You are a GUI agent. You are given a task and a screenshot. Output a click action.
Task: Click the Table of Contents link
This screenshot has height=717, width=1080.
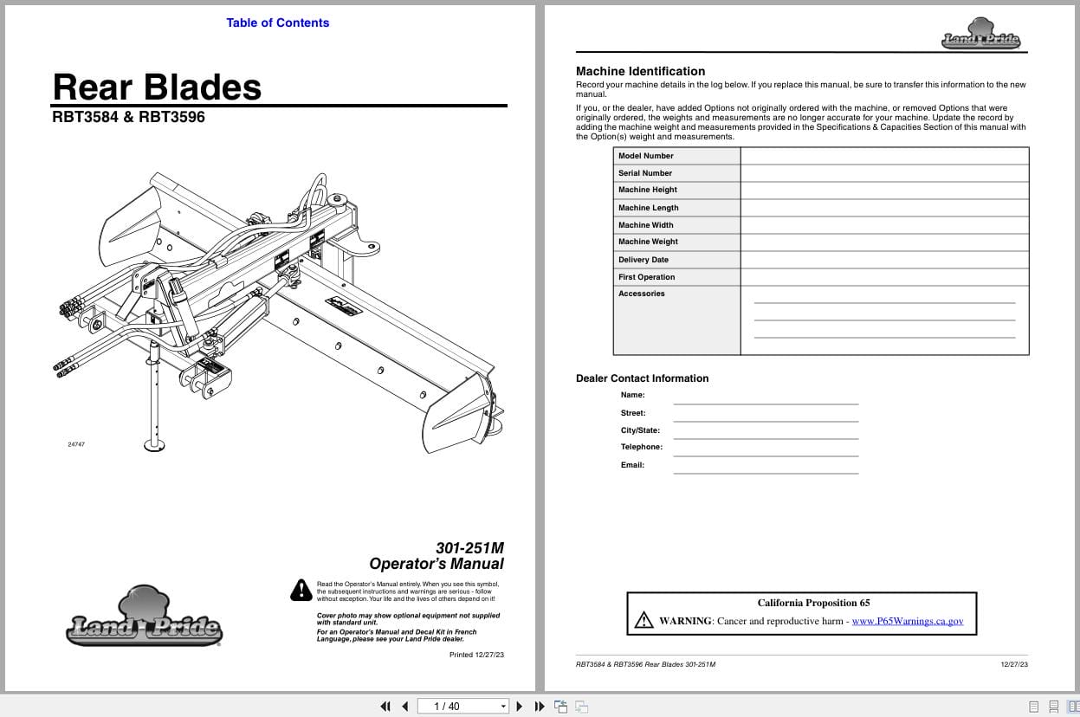[277, 23]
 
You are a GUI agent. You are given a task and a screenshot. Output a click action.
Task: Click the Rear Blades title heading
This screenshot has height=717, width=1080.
[157, 87]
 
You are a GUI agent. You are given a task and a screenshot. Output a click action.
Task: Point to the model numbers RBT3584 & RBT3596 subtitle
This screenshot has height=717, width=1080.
[129, 117]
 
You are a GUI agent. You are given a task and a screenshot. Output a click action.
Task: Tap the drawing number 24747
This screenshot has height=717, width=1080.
[76, 444]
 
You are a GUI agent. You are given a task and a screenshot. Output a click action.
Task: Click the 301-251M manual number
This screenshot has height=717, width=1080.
[469, 547]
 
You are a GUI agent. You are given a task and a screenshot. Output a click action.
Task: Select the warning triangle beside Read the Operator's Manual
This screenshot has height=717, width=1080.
[301, 590]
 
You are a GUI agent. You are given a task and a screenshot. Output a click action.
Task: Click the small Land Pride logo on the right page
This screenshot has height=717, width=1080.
[980, 35]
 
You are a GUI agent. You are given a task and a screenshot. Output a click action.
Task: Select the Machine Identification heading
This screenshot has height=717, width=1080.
[640, 71]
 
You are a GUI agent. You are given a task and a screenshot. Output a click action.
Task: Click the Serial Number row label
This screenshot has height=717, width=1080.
[645, 173]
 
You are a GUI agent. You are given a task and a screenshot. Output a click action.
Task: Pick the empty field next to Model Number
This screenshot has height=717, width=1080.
[884, 156]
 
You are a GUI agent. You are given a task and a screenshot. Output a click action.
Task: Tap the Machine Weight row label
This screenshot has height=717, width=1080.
[648, 242]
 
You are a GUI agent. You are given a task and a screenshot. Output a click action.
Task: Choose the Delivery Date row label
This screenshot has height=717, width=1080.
[643, 260]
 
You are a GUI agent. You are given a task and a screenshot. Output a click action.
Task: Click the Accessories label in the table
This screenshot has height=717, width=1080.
[642, 294]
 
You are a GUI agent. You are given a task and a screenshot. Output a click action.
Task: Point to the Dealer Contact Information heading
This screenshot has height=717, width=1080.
[642, 378]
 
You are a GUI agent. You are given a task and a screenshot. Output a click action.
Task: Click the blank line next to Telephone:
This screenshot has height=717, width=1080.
[766, 449]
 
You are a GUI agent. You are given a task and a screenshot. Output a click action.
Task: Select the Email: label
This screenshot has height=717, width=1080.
[632, 465]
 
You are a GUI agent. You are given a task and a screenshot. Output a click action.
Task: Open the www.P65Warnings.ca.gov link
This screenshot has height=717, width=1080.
[907, 621]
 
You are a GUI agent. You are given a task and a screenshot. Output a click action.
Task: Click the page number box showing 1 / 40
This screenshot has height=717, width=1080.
[462, 706]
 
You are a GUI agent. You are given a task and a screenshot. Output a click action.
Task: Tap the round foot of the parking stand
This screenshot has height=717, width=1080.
[155, 445]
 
